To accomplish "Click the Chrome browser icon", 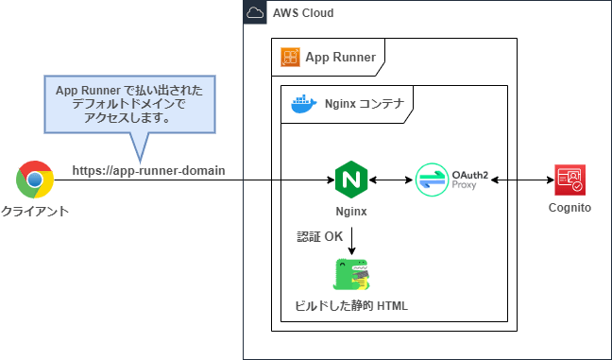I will [35, 179].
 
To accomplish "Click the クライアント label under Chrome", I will [37, 212].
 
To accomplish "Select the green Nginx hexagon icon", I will [350, 178].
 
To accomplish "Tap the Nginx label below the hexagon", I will [351, 213].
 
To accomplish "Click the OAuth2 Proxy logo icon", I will [433, 179].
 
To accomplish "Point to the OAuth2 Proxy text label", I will [468, 180].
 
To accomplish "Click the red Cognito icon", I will [570, 179].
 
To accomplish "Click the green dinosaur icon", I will [350, 274].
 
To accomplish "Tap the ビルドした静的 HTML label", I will [352, 307].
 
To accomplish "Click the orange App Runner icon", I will [290, 58].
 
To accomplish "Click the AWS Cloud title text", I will [302, 12].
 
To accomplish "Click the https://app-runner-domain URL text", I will [149, 170].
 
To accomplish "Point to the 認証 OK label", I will [320, 236].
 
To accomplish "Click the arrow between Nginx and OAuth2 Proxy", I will [391, 179].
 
